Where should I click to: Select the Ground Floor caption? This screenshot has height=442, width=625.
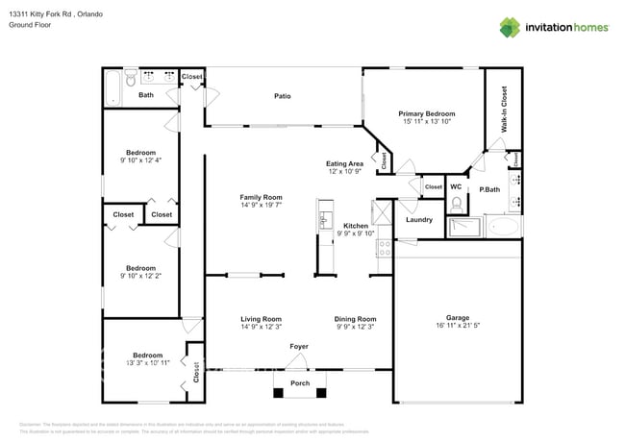(x=29, y=26)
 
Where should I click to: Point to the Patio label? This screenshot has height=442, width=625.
(x=282, y=96)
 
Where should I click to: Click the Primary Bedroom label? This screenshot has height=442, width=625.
(x=425, y=113)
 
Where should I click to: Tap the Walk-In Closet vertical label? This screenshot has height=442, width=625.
(x=503, y=108)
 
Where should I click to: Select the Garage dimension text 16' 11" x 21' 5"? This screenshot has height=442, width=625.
(x=457, y=327)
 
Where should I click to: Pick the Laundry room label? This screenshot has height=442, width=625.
(x=419, y=220)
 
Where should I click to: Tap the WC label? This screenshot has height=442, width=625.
(x=456, y=186)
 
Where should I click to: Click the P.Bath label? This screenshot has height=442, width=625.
(x=490, y=189)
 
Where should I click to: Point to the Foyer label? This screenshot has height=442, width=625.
(x=299, y=346)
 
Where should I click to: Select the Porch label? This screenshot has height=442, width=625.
(x=299, y=382)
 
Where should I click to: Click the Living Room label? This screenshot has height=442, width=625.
(x=261, y=319)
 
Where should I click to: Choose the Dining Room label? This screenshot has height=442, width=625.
(x=355, y=319)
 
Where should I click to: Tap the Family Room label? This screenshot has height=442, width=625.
(x=261, y=197)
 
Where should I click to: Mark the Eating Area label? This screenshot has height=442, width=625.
(x=344, y=164)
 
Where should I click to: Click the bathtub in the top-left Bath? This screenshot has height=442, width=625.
(x=111, y=87)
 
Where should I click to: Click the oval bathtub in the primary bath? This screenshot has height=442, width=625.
(x=503, y=227)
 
